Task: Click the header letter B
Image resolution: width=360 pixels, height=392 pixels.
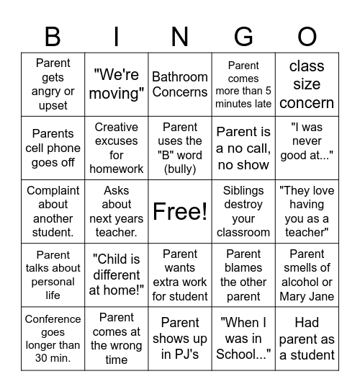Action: (x=53, y=36)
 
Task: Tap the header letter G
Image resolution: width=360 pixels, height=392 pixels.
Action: (x=243, y=36)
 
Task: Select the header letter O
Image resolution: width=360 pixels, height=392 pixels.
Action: (x=307, y=36)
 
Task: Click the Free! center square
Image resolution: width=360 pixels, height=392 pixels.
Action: (x=180, y=212)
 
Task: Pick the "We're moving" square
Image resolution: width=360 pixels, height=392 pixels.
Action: (x=117, y=84)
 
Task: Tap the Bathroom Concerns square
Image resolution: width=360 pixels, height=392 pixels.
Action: (x=180, y=84)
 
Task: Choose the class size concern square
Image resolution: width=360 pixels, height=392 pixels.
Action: (x=307, y=84)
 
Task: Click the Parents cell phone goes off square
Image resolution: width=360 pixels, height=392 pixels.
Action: (x=53, y=148)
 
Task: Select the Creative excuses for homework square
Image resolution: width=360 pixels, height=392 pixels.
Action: (x=117, y=148)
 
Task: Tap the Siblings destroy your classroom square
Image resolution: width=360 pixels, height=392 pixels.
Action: (x=243, y=211)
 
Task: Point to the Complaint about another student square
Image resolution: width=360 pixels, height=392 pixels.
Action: (x=53, y=211)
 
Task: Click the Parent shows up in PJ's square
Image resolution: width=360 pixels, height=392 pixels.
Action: (x=180, y=338)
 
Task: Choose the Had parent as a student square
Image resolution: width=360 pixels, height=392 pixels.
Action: (x=307, y=338)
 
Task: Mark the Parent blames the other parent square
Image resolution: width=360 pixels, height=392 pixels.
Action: (x=243, y=275)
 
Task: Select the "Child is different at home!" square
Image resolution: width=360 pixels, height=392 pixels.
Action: (x=117, y=275)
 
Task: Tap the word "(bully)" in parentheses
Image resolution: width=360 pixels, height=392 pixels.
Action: (x=180, y=169)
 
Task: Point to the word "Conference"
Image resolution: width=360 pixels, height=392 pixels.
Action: (x=53, y=319)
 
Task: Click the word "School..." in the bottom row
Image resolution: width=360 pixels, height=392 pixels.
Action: (x=243, y=354)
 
